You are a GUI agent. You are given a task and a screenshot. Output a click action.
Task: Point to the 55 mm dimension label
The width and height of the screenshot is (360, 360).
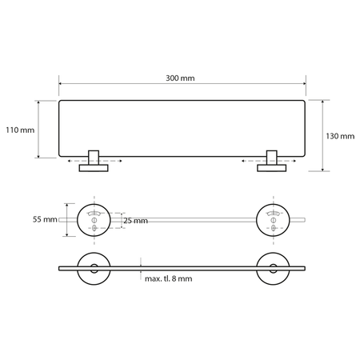(45, 219)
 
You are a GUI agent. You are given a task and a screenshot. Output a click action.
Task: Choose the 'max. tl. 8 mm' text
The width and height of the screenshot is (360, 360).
(170, 279)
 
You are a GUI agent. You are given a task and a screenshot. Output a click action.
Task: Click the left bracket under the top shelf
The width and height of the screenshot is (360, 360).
(94, 161)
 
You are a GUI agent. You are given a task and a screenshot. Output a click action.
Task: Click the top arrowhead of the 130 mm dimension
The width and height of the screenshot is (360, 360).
(322, 102)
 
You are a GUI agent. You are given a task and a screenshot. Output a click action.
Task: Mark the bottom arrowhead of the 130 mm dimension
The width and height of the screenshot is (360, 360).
(322, 170)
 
